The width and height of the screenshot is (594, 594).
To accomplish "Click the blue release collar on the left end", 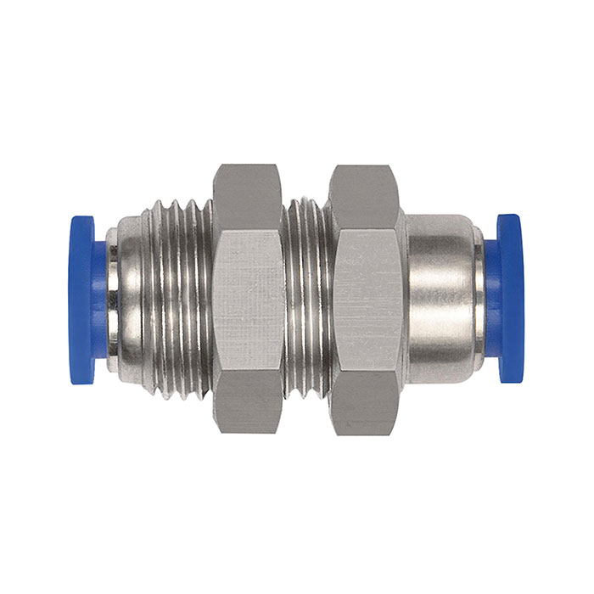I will [81, 298].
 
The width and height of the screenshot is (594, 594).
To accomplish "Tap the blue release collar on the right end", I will [511, 298].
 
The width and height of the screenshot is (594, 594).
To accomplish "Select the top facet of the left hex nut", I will [247, 196].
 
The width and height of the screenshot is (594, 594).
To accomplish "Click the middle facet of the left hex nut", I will [247, 298].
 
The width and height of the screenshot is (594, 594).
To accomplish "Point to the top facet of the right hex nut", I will [364, 196].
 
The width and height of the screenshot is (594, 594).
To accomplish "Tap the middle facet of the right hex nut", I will [364, 298].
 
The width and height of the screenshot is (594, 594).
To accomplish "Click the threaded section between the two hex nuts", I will [305, 298].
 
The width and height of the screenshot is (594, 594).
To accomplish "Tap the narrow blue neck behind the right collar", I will [490, 298].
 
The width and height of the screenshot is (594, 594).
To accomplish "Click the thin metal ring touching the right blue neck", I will [479, 298].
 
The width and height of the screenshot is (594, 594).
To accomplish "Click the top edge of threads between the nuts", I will [305, 204].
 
